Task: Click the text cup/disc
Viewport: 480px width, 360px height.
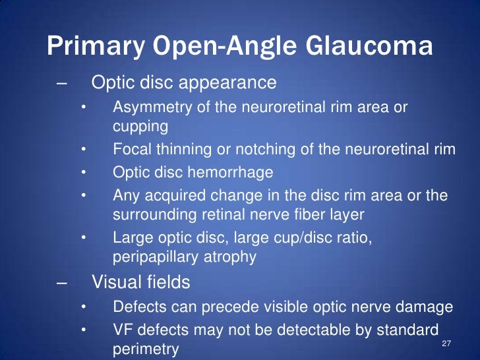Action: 278,237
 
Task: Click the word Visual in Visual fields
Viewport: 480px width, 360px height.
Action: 113,283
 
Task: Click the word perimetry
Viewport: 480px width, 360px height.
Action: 146,347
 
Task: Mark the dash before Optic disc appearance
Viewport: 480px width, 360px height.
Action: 62,84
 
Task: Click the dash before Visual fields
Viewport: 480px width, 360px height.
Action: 62,283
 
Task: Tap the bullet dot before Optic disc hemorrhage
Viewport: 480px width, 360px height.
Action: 83,172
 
